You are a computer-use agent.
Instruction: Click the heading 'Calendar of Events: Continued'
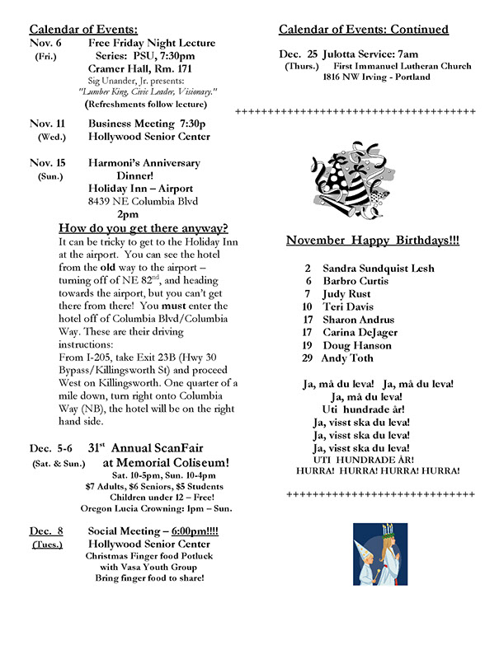click(x=364, y=30)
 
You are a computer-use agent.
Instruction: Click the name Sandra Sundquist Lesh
click(x=378, y=269)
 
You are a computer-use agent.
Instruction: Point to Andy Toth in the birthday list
click(x=347, y=358)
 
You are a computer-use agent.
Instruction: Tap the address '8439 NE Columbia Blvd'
click(x=143, y=200)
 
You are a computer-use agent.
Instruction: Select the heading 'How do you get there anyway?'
click(x=144, y=228)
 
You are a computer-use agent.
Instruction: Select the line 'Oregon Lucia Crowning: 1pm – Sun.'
click(x=148, y=508)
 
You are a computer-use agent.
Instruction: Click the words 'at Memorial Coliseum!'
click(x=166, y=463)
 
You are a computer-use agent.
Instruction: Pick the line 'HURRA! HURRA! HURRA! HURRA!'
click(x=377, y=470)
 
